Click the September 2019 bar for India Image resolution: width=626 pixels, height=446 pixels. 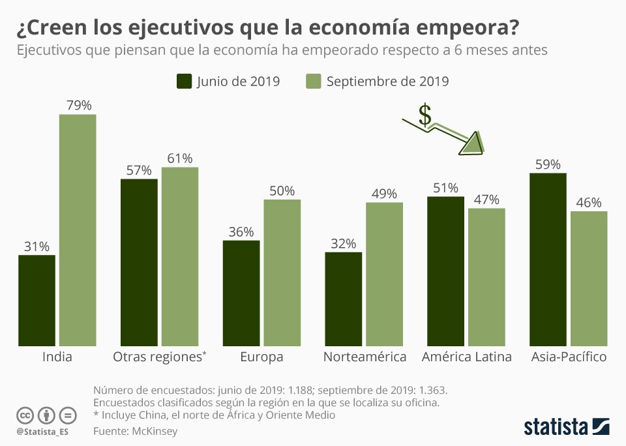pos(78,230)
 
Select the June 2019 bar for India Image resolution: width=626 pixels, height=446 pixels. pos(37,300)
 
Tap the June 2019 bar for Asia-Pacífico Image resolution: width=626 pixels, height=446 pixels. pos(548,259)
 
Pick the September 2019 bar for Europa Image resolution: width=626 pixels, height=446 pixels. pos(282,272)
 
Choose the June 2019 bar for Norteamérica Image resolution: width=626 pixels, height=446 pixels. pos(343,299)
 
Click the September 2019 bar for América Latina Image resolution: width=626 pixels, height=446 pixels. pos(486,276)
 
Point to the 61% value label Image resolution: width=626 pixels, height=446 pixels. pos(179,158)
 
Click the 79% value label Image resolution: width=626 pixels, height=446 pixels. pos(78,105)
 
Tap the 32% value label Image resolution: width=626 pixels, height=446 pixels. pos(343,243)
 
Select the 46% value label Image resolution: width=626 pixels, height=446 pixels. pos(589,202)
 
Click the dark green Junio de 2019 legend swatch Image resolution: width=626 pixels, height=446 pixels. pos(184,82)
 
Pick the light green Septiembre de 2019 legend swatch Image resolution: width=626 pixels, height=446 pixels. pos(313,82)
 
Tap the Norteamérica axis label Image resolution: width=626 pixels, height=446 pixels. pos(365,357)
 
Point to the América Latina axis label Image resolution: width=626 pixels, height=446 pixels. pos(466,357)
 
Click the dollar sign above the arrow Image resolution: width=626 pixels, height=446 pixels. pos(425,115)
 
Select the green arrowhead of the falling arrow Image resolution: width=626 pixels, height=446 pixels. pos(473,144)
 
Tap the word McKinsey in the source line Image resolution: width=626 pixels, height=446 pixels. pos(155,431)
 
